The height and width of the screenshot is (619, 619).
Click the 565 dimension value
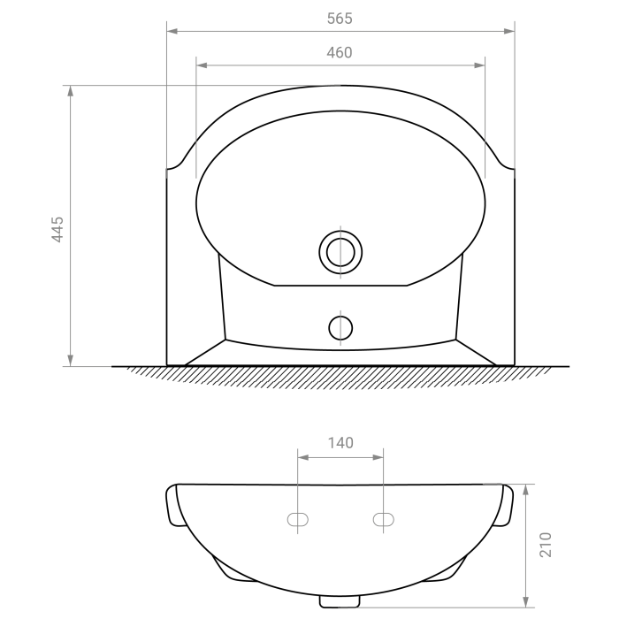click(340, 19)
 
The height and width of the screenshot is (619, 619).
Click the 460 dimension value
click(340, 52)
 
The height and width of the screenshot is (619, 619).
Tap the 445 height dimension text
click(57, 229)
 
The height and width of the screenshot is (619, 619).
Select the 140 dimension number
click(340, 443)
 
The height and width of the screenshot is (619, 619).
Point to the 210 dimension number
click(546, 545)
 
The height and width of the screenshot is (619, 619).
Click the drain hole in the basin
click(340, 252)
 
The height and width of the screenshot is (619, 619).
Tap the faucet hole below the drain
click(340, 328)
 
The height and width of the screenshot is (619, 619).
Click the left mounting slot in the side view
click(298, 520)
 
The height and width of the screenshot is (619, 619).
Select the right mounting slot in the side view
click(383, 520)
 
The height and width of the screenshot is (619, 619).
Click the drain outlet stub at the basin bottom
click(340, 601)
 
